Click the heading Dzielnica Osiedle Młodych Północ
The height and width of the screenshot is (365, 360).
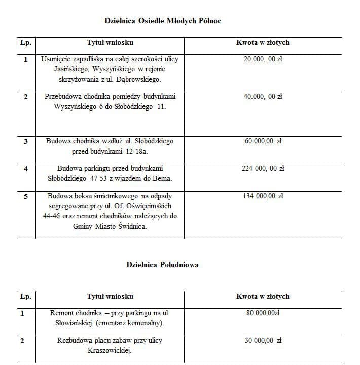(x=163, y=21)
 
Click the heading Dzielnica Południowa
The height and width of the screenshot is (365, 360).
(x=162, y=264)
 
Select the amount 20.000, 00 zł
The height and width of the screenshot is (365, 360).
(x=263, y=59)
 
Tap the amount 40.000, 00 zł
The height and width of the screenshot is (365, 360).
(x=263, y=96)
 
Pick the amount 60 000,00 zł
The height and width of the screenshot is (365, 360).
(x=263, y=141)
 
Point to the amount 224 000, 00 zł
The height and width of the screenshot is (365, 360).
(x=263, y=168)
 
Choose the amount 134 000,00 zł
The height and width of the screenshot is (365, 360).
(x=263, y=196)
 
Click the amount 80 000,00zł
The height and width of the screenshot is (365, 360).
(x=263, y=313)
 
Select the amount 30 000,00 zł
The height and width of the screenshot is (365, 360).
(x=263, y=340)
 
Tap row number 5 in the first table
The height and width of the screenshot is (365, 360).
(x=26, y=196)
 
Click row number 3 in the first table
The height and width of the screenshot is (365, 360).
(x=26, y=141)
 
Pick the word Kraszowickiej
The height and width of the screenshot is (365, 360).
(x=110, y=350)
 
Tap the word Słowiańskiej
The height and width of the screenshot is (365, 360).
(x=71, y=323)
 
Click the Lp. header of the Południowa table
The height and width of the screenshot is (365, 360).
(x=25, y=296)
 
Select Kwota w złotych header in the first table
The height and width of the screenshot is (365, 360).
(x=263, y=43)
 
